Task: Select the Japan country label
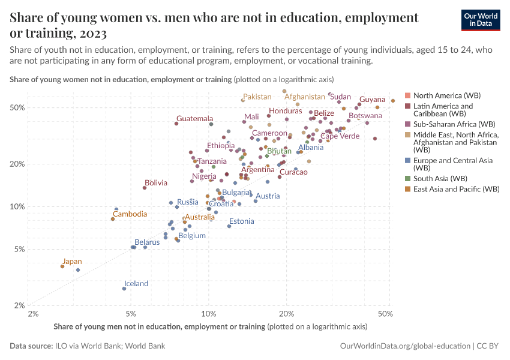(72, 262)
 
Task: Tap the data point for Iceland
(124, 289)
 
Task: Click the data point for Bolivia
(145, 188)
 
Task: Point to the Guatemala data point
(176, 124)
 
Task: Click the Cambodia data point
(113, 219)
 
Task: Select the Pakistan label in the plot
(257, 97)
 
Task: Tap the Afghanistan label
(304, 97)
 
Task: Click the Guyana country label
(372, 100)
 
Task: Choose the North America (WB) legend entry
(447, 95)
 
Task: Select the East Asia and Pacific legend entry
(456, 189)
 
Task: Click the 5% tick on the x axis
(131, 313)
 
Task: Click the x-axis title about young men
(159, 326)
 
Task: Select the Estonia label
(241, 221)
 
